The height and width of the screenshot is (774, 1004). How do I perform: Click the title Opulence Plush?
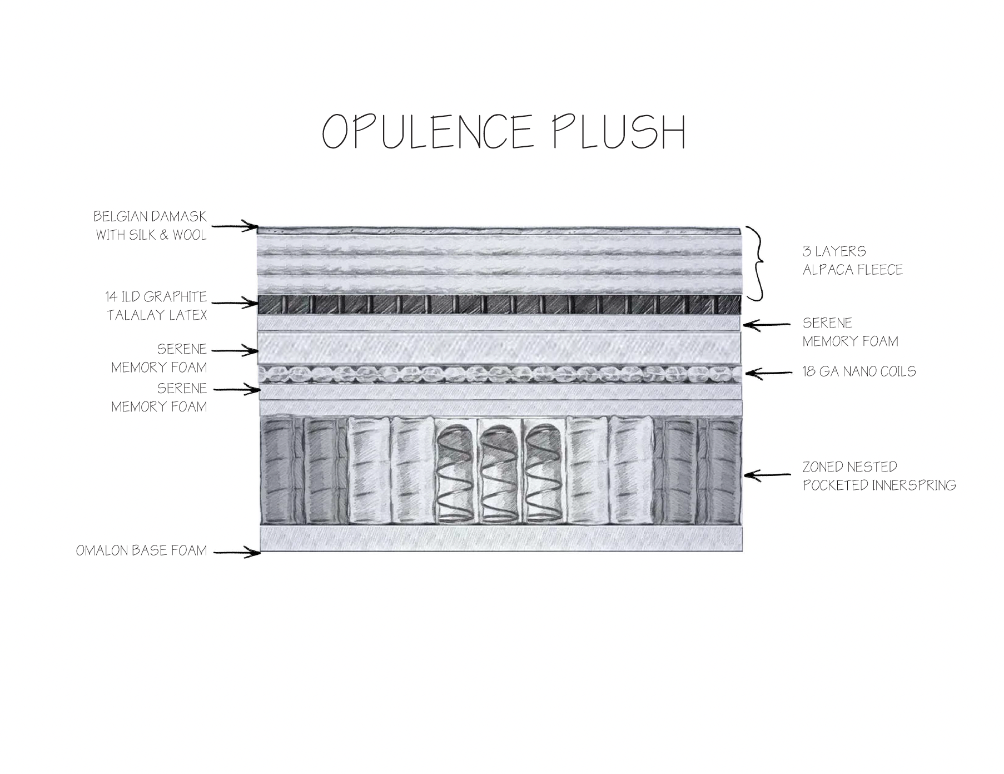point(504,132)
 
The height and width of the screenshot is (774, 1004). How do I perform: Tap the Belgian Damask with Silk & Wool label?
point(150,225)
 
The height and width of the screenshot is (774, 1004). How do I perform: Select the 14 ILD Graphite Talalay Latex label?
point(156,305)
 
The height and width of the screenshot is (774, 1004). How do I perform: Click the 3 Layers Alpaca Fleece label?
point(852,260)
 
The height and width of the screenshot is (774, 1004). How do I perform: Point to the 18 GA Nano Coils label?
point(859,371)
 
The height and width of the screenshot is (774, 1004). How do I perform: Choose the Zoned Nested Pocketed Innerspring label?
point(879,476)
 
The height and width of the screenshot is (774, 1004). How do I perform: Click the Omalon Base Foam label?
point(141,550)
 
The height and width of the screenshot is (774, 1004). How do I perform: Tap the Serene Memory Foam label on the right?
point(850,332)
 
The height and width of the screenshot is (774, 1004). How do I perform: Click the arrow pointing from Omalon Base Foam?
point(237,552)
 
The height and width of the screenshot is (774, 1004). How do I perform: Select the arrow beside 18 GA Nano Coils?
point(768,373)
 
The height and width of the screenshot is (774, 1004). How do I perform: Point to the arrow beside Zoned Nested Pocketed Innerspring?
point(767,475)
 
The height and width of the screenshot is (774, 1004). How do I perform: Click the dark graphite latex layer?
point(499,304)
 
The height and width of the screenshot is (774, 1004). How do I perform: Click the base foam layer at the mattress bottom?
point(500,539)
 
